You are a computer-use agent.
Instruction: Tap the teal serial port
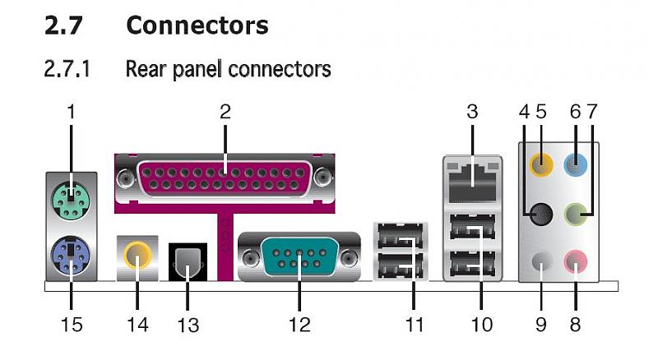coord(299,257)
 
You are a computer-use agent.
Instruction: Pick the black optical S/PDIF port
coord(188,261)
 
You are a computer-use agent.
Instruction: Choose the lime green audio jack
coord(577,216)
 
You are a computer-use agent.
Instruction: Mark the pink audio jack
coord(577,262)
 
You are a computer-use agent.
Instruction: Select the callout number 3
coord(472,112)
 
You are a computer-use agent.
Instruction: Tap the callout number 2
coord(225,112)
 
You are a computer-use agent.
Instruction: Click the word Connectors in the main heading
coord(197,25)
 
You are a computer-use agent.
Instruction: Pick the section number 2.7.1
coord(67,69)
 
